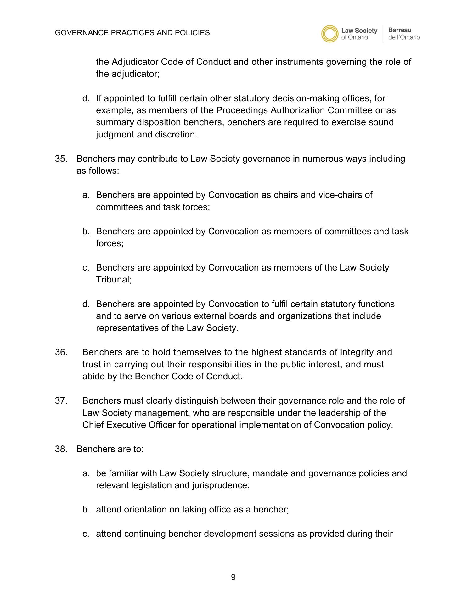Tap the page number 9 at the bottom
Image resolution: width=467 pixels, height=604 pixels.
click(x=233, y=577)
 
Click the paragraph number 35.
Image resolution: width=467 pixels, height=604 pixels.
click(x=61, y=159)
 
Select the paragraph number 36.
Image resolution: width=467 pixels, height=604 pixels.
click(x=61, y=352)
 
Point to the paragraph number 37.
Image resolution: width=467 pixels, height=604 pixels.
click(x=61, y=401)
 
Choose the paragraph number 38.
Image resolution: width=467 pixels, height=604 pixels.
click(x=61, y=449)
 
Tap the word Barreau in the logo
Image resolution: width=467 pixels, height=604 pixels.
click(x=400, y=30)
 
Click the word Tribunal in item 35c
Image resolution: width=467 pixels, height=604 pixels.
click(x=113, y=280)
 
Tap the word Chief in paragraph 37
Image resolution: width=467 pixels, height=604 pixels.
click(x=93, y=425)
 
